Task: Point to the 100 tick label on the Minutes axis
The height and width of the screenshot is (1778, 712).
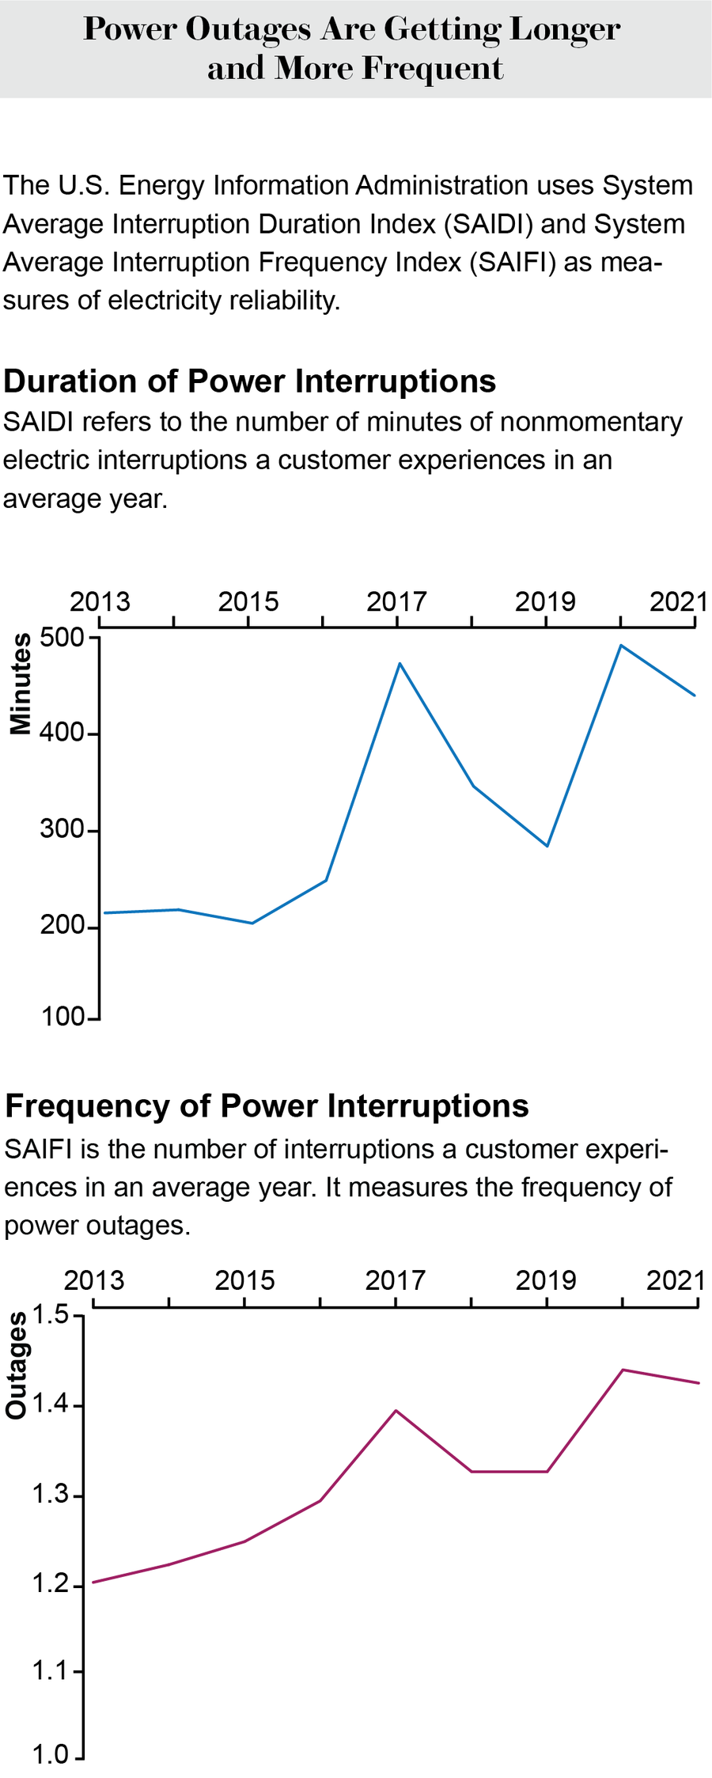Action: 62,1017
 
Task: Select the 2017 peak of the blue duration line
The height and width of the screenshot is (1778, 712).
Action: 400,663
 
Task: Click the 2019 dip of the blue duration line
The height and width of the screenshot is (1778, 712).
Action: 547,846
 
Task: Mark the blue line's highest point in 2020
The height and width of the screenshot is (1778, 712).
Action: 621,646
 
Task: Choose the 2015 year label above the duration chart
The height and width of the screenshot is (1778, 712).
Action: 248,602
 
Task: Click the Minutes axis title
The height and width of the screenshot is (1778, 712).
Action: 21,684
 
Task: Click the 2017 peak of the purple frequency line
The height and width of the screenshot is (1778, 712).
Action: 396,1411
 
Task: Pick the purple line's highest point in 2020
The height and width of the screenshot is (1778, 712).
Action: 623,1370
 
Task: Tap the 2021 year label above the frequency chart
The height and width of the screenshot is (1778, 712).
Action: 675,1280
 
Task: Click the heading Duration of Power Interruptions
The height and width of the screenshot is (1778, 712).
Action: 250,381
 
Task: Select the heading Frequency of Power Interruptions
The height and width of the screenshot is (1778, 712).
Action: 267,1105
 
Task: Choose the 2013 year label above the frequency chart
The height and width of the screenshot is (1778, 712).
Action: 94,1280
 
